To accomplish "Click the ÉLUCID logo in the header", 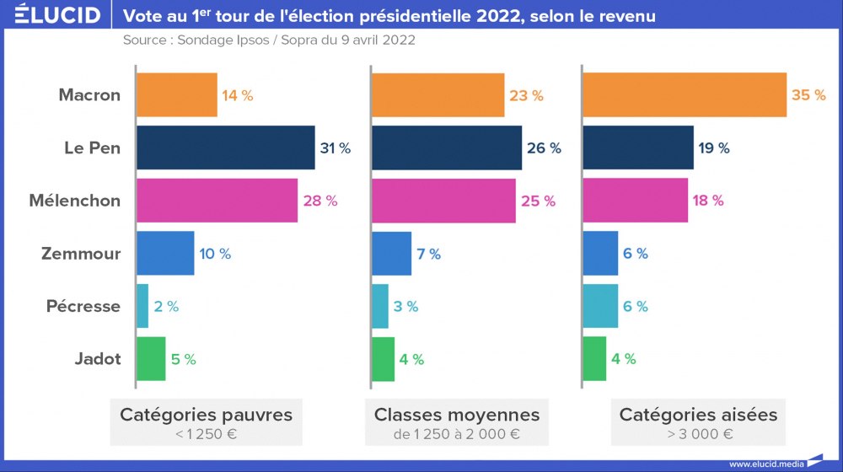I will [51, 15].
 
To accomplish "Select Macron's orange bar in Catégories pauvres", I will [176, 95].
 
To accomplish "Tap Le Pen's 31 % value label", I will [335, 148].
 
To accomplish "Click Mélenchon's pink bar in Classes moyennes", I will [443, 201].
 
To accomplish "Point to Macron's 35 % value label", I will [808, 95].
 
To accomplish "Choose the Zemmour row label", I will [81, 254].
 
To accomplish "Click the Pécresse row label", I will [83, 307].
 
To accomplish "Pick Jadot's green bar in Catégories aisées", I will [594, 359].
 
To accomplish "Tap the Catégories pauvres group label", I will [207, 415].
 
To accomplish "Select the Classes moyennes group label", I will [457, 415].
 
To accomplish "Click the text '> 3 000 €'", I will [698, 435].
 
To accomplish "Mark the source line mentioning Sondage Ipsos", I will [268, 40].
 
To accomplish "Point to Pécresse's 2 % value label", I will [166, 307].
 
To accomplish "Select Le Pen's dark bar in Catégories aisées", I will [638, 148].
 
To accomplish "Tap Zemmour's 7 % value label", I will [428, 254].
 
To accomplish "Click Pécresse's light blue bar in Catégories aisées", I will [600, 307].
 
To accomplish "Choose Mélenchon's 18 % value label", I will [707, 201].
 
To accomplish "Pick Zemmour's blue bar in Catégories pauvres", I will [165, 254].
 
